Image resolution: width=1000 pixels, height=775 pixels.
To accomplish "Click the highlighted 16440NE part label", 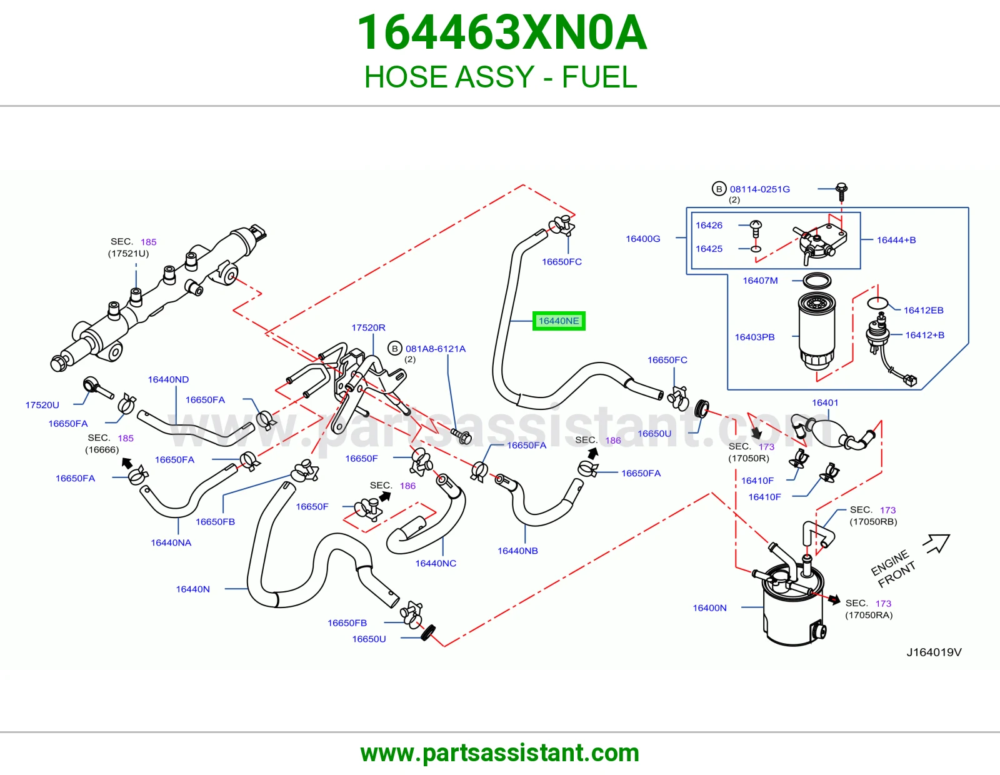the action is tap(559, 321).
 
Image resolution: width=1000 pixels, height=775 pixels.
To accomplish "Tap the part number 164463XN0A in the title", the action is tap(502, 32).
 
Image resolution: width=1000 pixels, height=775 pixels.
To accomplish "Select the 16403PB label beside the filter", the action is tap(755, 337).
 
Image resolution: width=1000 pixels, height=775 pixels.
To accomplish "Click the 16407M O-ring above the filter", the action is tap(817, 280).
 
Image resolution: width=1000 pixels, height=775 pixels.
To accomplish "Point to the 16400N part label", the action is tap(709, 607).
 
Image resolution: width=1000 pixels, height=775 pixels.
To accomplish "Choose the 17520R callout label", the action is tap(368, 327).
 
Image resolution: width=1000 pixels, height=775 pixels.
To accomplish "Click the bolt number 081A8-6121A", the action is tap(436, 348).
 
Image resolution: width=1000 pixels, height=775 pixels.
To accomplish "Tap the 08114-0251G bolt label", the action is tap(760, 189).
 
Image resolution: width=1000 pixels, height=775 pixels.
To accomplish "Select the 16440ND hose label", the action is tap(168, 379).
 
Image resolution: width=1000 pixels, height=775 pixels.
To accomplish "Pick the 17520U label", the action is tap(42, 404).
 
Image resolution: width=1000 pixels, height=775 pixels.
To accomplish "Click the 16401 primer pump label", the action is tap(824, 402).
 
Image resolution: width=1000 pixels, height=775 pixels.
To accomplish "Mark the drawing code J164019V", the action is tap(934, 652).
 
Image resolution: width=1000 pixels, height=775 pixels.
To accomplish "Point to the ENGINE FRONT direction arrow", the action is tap(937, 543).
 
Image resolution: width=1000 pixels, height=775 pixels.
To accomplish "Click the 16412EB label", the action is tap(923, 310).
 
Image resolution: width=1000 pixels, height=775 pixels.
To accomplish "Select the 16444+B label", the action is tap(896, 239).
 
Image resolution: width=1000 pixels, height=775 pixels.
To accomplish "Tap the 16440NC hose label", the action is tap(436, 563).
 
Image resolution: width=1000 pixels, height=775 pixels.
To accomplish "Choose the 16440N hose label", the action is tap(193, 589).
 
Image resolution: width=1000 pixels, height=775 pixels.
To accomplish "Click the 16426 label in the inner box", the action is tap(709, 224).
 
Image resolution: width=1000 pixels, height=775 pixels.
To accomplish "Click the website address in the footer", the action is tap(500, 753).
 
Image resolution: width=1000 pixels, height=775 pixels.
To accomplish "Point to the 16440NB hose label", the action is tap(517, 551).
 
